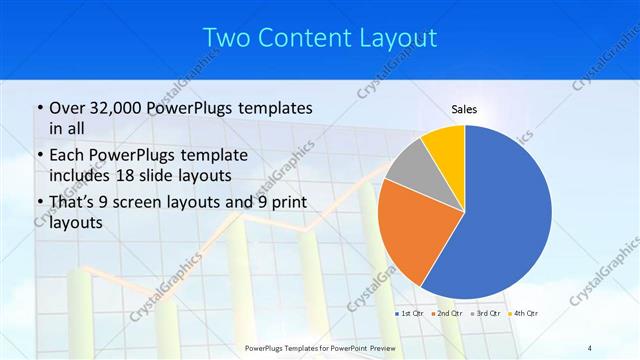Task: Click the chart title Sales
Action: (x=464, y=109)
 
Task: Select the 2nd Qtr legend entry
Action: (x=448, y=315)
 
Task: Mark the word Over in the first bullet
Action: (x=66, y=108)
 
